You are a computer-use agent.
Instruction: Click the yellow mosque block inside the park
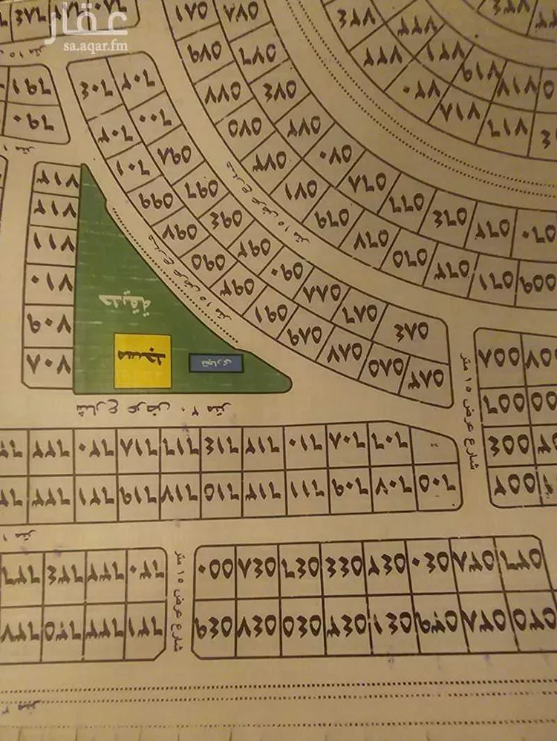(143, 360)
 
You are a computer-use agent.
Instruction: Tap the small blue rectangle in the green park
(209, 362)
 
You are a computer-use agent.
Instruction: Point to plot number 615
(221, 486)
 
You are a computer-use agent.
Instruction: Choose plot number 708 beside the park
(50, 364)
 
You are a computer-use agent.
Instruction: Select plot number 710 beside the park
(50, 283)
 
